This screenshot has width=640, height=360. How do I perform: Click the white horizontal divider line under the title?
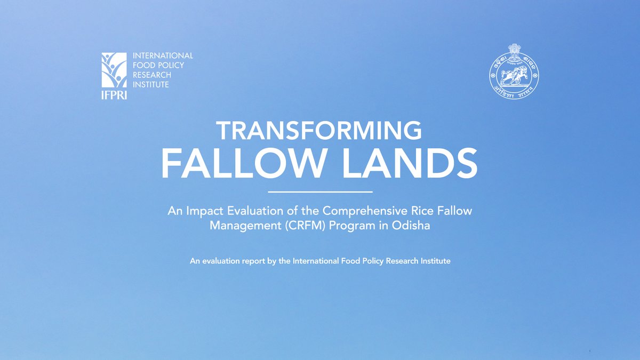319,191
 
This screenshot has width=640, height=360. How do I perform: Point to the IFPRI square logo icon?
114,70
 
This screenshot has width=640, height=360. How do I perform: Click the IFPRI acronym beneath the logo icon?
114,95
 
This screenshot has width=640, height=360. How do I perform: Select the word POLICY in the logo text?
172,65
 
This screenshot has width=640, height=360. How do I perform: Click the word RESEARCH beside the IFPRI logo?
152,75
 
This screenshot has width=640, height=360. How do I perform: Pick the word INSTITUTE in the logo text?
151,85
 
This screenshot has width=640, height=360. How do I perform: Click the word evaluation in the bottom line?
220,262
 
